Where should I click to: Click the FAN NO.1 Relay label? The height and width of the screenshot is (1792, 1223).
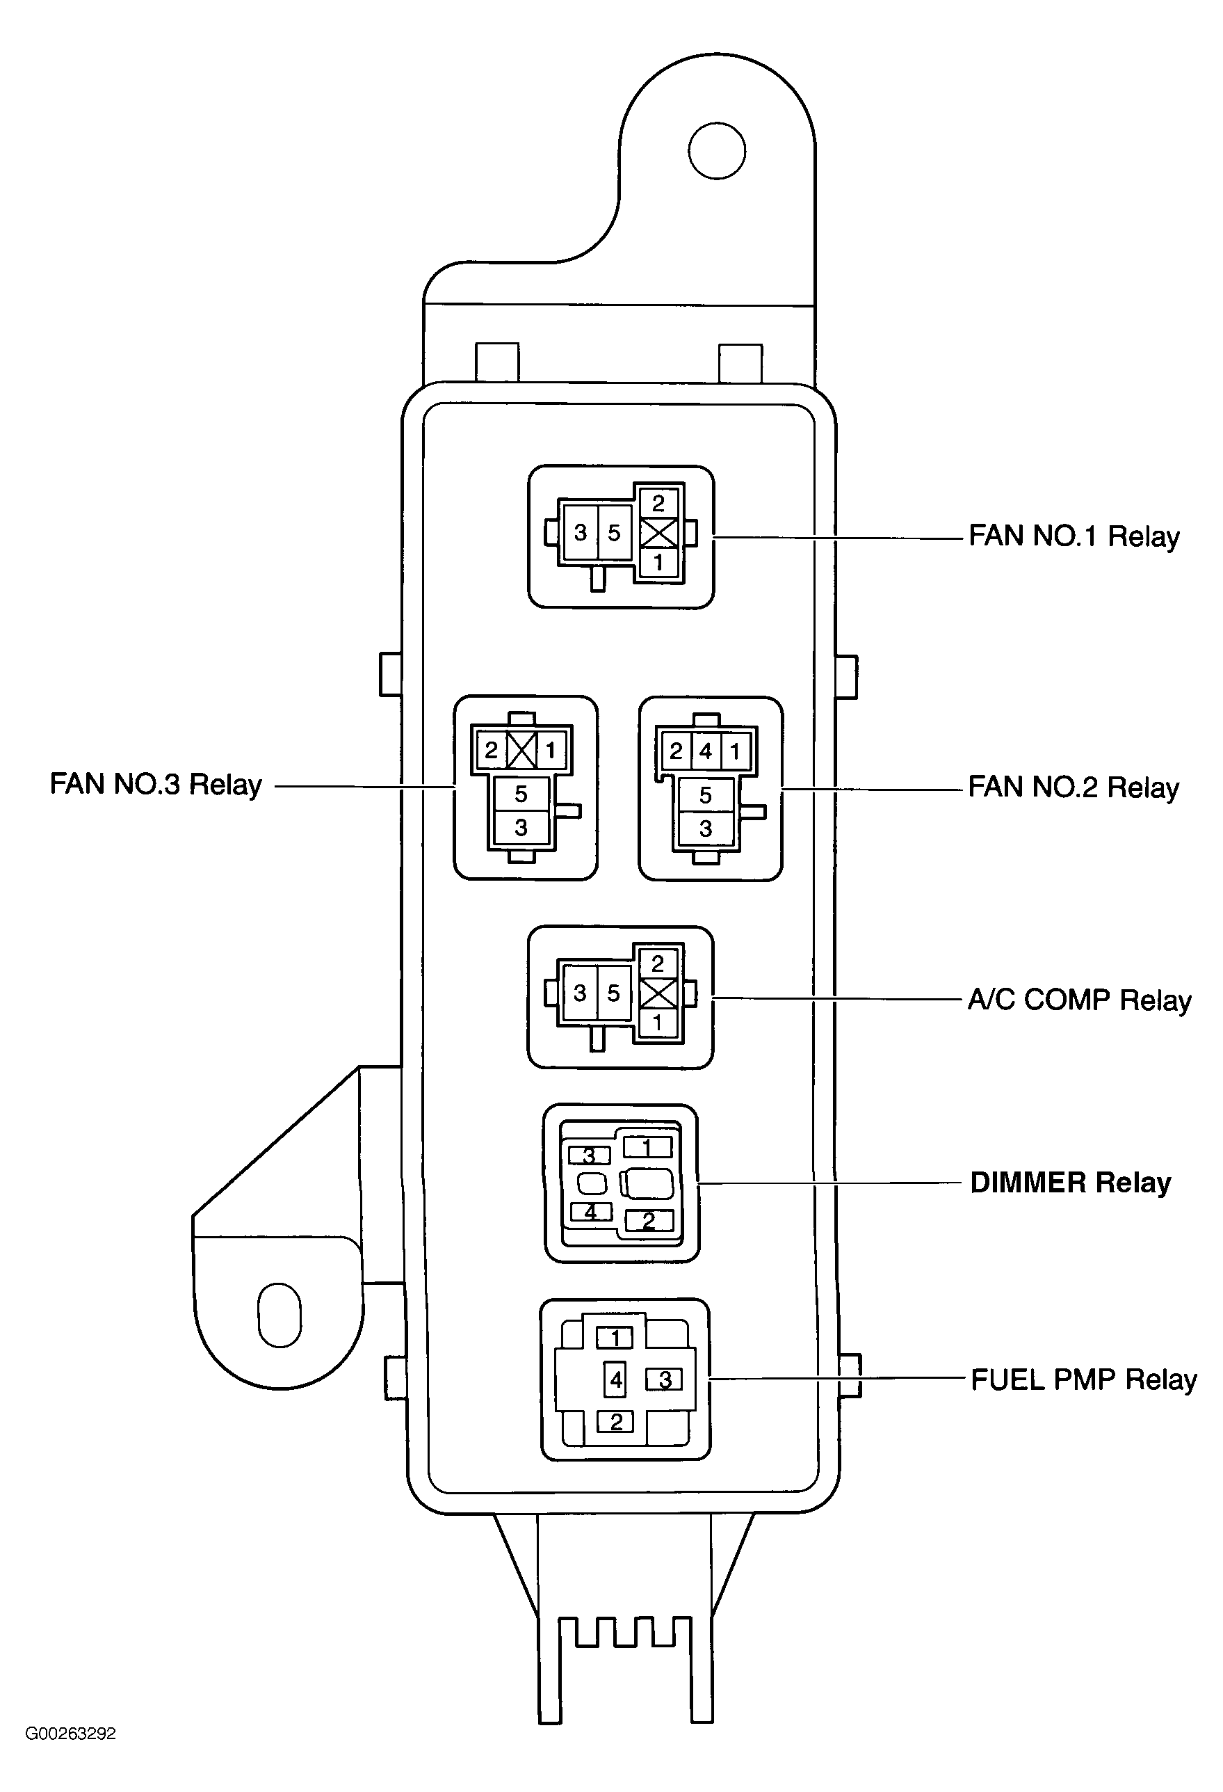coord(1074,536)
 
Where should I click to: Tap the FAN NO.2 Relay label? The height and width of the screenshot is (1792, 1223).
coord(1073,787)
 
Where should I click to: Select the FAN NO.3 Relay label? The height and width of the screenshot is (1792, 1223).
coord(156,784)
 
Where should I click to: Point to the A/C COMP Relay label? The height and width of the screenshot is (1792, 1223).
coord(1079,1000)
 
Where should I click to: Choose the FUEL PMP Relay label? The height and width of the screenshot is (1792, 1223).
coord(1083,1379)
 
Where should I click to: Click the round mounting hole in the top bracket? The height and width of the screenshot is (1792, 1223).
coord(717,150)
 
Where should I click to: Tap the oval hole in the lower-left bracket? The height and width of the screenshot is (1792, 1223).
coord(280,1315)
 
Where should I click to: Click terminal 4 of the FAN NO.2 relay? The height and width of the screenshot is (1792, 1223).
coord(705,751)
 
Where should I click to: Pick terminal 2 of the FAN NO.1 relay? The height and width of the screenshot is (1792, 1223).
coord(658,504)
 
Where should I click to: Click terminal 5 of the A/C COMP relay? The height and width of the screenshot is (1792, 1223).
coord(613,993)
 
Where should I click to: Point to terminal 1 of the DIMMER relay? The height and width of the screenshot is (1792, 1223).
coord(647,1147)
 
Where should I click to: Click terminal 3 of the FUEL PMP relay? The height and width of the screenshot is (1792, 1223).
coord(664,1379)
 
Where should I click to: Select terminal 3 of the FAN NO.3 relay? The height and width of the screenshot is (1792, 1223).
coord(521,827)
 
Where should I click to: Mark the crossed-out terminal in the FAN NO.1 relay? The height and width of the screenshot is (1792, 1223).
coord(658,533)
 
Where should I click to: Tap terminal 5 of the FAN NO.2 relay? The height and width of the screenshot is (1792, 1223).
coord(705,795)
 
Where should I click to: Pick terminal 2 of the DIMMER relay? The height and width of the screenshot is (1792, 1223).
coord(648,1221)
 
